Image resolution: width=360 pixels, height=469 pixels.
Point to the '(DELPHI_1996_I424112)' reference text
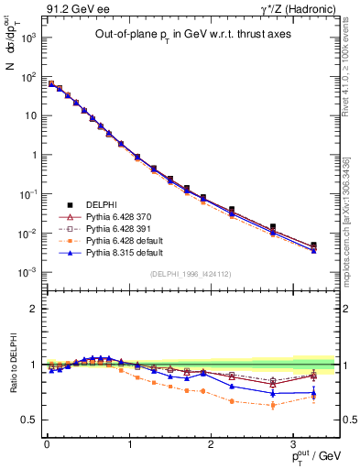[190, 272]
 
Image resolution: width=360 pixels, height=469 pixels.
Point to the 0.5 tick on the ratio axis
[29, 420]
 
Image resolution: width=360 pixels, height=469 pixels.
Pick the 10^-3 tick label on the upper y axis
[28, 272]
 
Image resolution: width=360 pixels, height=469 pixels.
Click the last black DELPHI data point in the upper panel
[313, 245]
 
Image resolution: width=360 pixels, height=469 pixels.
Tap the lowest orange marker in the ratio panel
[272, 405]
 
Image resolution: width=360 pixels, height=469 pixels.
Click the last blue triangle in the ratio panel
[313, 393]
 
